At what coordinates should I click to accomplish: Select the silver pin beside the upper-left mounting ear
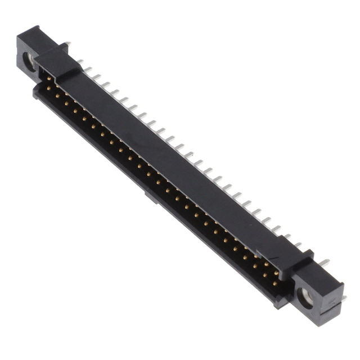pos(67,44)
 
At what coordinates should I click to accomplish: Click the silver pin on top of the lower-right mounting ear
pos(325,263)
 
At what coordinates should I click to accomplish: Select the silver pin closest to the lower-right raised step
pos(297,244)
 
